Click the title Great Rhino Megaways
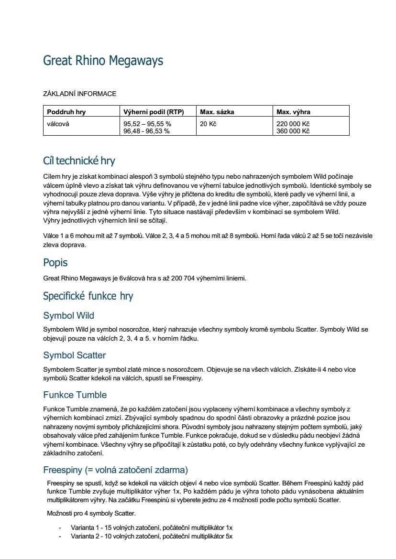point(103,61)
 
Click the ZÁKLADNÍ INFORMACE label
point(79,94)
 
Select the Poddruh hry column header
point(66,112)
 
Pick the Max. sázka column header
point(217,112)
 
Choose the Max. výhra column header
point(294,112)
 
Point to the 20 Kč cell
point(209,124)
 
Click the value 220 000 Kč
point(293,124)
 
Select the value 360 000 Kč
point(293,131)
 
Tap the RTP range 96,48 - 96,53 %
point(146,131)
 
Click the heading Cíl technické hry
point(79,161)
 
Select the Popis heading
point(55,263)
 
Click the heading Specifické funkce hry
point(88,296)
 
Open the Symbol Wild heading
point(68,316)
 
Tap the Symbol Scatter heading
point(75,355)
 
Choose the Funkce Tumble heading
point(75,395)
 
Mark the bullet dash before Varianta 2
point(60,536)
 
